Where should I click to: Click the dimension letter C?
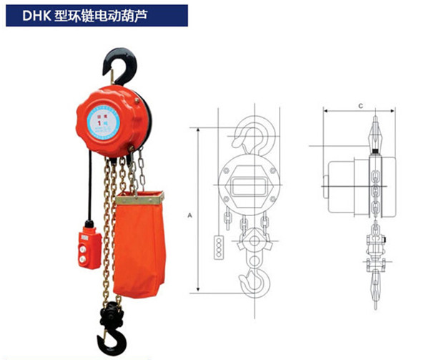360,105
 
